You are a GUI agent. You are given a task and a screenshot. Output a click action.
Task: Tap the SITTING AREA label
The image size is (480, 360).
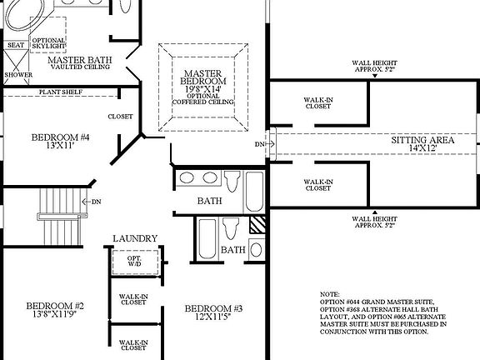[422, 140]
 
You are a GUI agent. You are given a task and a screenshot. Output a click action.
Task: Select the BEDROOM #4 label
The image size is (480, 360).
[60, 137]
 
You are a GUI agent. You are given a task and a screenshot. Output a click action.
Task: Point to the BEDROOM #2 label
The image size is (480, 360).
[55, 305]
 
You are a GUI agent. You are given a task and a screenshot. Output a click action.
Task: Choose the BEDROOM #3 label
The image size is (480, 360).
[213, 309]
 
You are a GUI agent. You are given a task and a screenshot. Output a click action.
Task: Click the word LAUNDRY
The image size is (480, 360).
[134, 238]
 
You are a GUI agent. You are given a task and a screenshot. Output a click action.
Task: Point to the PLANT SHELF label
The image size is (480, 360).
[61, 92]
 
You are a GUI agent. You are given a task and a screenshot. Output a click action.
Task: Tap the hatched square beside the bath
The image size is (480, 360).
[258, 224]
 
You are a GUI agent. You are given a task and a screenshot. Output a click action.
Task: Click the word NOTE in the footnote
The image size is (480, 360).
[332, 294]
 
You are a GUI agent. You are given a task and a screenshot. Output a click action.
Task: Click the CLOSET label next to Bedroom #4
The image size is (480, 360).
[120, 117]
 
